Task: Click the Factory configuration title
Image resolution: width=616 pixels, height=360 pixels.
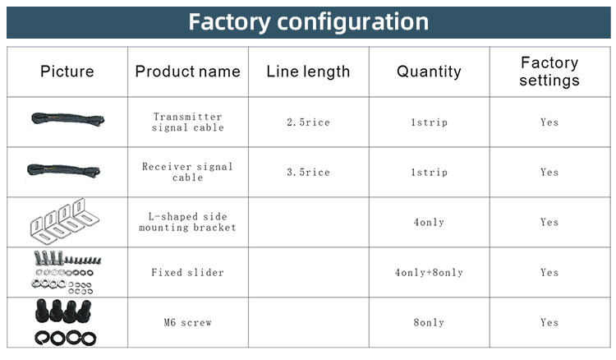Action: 308,21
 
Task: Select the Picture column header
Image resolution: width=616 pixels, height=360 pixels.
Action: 67,72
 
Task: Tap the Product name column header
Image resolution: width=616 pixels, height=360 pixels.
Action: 187,72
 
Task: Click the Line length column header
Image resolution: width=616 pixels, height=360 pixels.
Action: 308,72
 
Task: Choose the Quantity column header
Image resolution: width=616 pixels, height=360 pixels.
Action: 429,72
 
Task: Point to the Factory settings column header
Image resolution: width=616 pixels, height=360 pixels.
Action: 549,72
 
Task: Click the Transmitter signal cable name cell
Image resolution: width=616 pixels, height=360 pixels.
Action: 187,122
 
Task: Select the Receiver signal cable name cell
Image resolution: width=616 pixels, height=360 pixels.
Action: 187,172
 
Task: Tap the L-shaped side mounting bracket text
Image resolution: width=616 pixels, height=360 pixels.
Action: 187,222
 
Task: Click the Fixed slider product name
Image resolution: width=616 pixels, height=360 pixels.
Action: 187,272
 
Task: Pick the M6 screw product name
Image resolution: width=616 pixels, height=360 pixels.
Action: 187,322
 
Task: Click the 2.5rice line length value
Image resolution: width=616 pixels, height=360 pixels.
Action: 308,122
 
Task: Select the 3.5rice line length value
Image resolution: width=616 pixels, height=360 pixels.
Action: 308,173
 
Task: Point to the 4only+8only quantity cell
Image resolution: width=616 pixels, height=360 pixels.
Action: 429,272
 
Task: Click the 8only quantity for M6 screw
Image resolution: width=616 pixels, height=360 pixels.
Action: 429,322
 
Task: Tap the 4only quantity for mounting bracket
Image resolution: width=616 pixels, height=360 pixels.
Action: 429,222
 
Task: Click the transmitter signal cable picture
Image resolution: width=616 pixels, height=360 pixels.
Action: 67,119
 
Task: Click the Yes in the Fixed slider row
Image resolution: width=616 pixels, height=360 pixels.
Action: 549,272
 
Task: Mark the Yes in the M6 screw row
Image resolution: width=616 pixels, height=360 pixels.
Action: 549,322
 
